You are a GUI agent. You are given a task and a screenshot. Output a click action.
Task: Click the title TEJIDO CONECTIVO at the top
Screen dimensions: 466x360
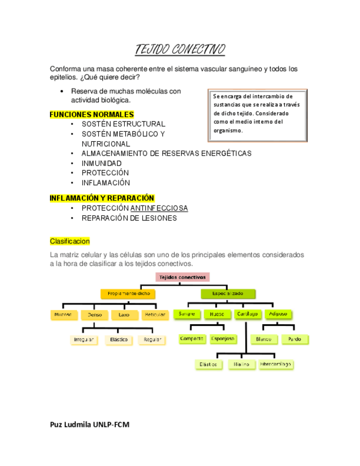coord(180,50)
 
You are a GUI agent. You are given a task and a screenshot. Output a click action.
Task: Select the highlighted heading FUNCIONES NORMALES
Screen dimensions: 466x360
coord(92,114)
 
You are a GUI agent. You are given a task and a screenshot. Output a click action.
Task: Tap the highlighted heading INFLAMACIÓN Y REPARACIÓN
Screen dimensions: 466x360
coord(102,198)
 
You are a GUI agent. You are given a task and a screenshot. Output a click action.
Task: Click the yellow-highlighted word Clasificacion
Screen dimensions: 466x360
coord(70,241)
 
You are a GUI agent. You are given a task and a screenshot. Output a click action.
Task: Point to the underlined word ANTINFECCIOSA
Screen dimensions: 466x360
coord(159,208)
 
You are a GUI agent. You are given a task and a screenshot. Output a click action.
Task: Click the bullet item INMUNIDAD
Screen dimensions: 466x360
coord(102,163)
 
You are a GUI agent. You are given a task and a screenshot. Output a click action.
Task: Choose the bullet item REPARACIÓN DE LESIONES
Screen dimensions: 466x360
coord(129,218)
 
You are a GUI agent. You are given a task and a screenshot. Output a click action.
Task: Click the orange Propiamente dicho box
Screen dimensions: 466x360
coord(129,294)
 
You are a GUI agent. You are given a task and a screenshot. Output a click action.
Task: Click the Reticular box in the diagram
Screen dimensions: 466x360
coord(154,315)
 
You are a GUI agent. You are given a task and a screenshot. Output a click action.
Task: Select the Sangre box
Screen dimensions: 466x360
coord(185,314)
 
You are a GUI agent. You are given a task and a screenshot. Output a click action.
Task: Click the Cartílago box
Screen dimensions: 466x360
coord(246,314)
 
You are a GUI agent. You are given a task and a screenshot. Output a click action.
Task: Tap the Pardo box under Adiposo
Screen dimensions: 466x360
coord(295,340)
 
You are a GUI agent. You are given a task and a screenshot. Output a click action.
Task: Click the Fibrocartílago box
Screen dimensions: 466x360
coord(276,364)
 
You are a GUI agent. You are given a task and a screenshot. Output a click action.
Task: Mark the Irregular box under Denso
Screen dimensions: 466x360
coord(84,340)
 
